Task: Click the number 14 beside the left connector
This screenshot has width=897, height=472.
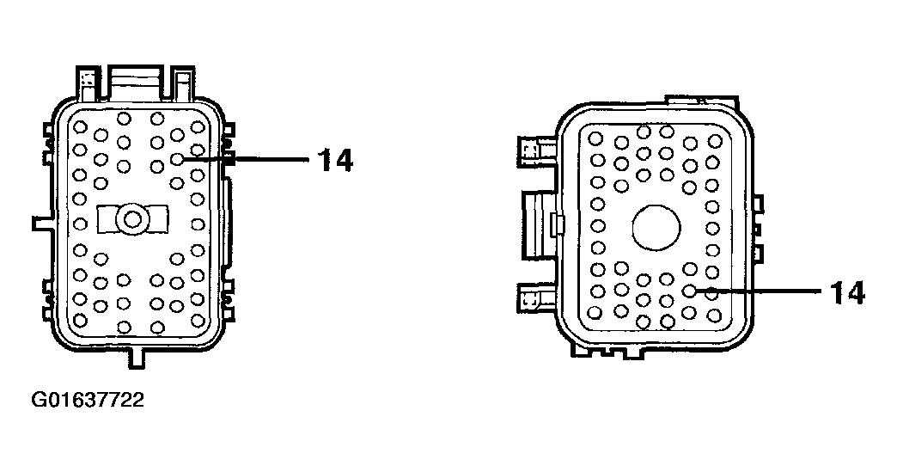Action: [x=336, y=160]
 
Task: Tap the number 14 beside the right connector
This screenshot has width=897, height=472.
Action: [x=847, y=293]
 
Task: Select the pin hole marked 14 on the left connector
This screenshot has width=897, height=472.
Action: [x=177, y=159]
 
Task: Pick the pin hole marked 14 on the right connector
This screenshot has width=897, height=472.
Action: [x=689, y=291]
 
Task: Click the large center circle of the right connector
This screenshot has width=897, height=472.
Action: [x=656, y=228]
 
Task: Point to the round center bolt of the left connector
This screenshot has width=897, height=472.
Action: [x=132, y=219]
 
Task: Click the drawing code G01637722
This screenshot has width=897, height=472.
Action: [x=88, y=399]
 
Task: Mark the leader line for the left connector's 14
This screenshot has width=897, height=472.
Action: [x=247, y=160]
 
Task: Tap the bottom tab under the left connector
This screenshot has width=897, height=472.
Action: [x=136, y=358]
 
